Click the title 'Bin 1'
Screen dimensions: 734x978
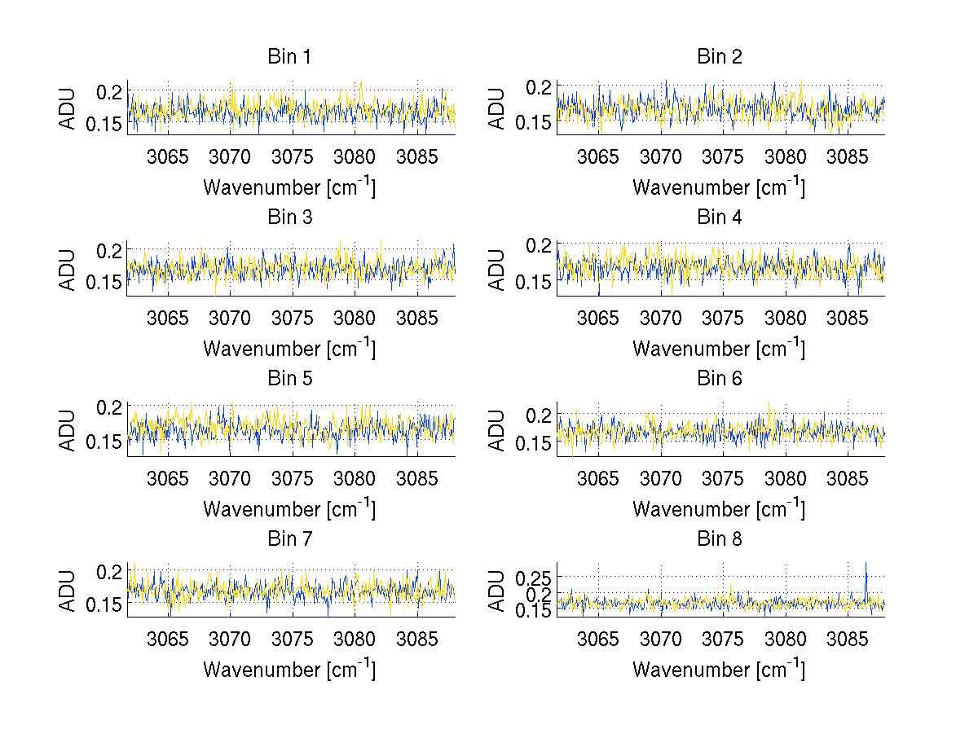(x=289, y=57)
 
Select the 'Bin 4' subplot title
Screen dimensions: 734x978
(x=719, y=218)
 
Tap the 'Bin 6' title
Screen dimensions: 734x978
(x=719, y=378)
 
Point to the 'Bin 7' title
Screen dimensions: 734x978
(x=289, y=539)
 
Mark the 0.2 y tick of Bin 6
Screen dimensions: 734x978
(x=540, y=415)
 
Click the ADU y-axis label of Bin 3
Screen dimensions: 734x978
(x=68, y=270)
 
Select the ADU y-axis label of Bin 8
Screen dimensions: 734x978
(x=498, y=591)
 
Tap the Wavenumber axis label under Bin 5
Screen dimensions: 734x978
(x=289, y=508)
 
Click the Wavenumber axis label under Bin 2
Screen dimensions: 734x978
(x=719, y=187)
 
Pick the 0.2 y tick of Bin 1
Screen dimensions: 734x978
(x=112, y=91)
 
